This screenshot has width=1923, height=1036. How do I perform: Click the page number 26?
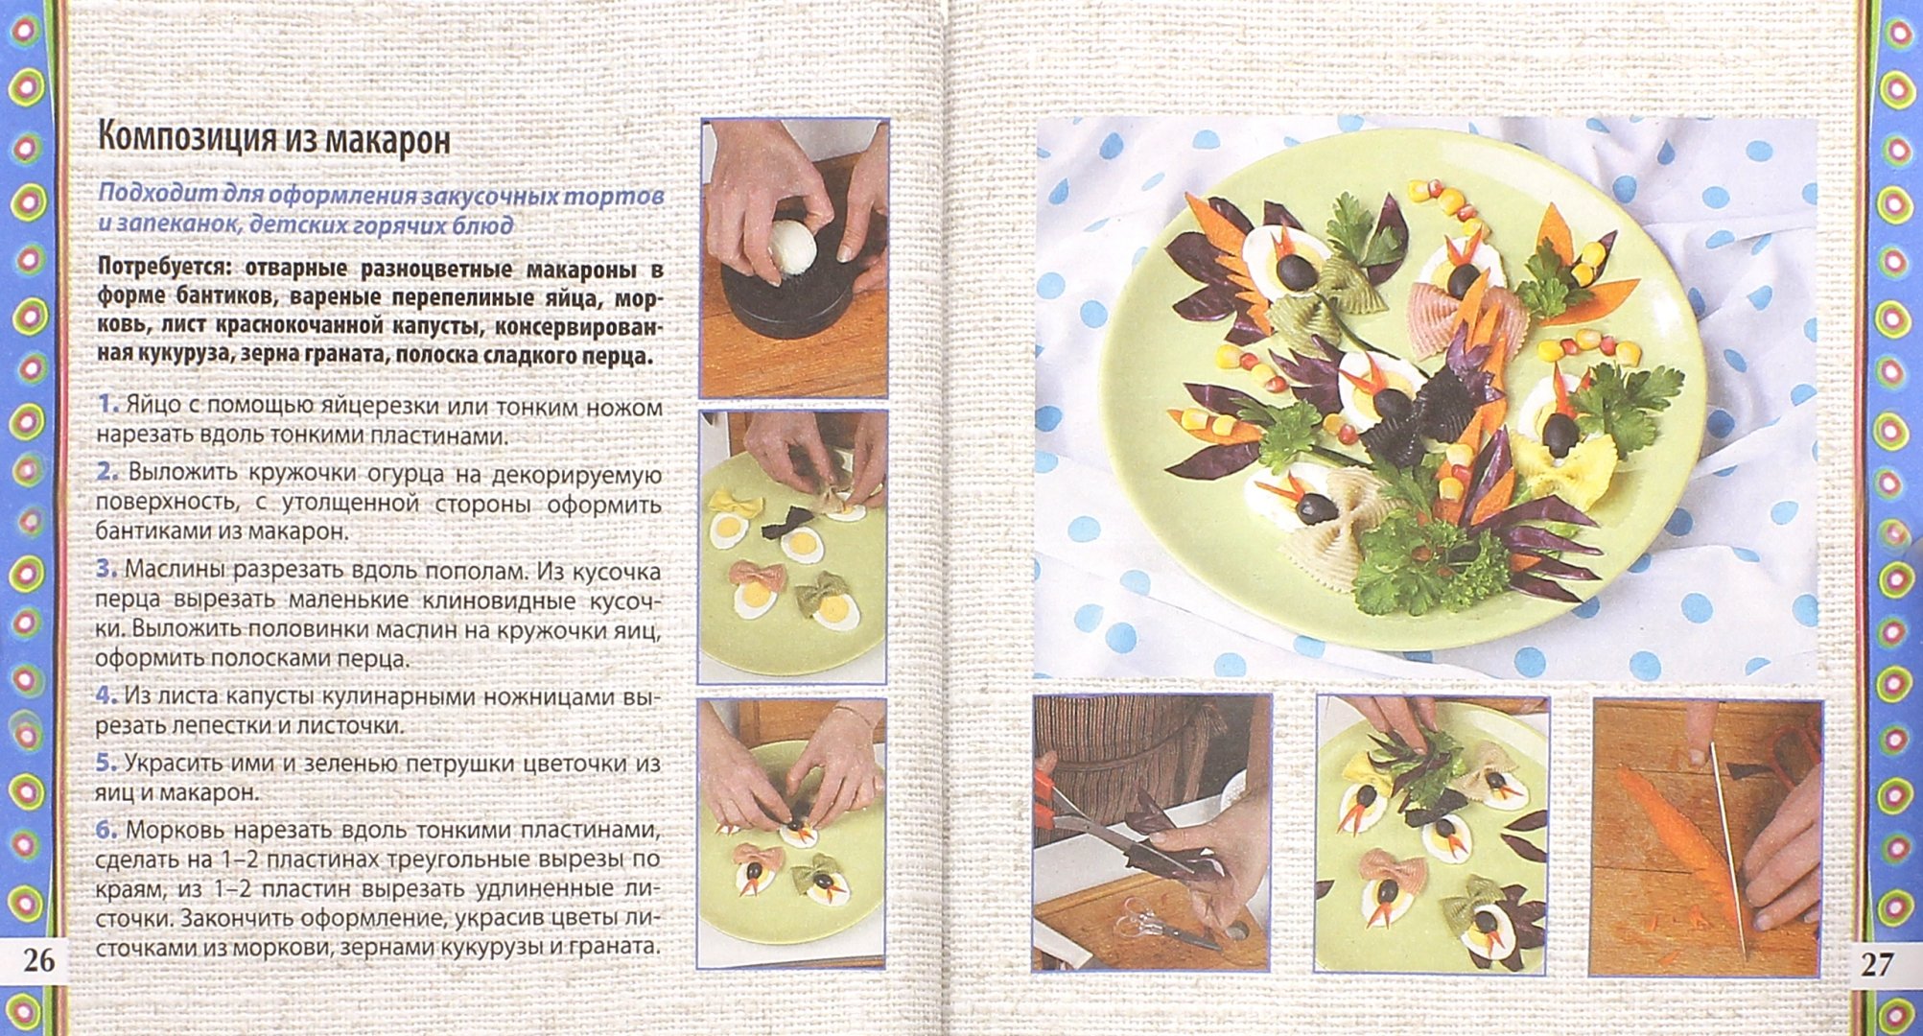pyautogui.click(x=38, y=960)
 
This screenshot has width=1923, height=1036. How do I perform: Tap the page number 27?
pyautogui.click(x=1877, y=963)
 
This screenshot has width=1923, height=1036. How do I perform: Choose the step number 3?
pyautogui.click(x=106, y=571)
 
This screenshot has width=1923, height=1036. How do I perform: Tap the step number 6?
pyautogui.click(x=106, y=829)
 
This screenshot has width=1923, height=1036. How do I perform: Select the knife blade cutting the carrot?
pyautogui.click(x=1726, y=844)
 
